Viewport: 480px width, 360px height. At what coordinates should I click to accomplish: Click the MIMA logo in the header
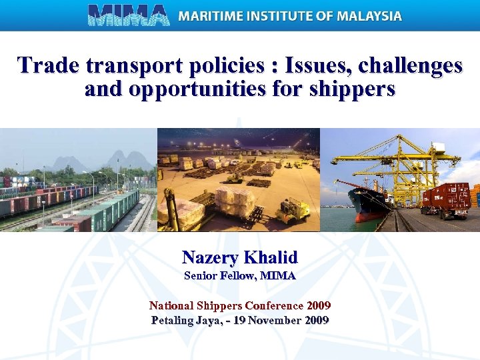click(129, 15)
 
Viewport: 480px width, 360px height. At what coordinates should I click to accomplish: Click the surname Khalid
click(271, 257)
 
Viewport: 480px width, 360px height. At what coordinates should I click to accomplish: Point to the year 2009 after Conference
click(319, 306)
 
